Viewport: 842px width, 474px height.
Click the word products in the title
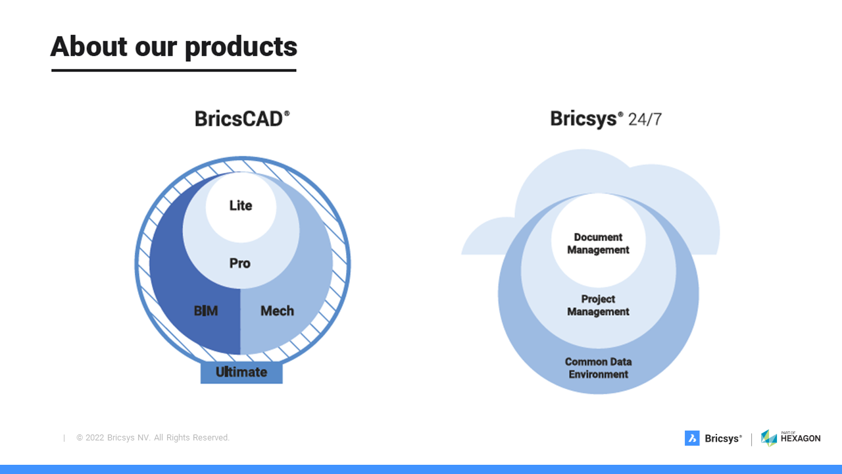241,49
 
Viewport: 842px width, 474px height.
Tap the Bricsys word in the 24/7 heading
583,119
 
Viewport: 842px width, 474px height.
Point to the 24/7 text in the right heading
645,120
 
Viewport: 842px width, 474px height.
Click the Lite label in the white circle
241,205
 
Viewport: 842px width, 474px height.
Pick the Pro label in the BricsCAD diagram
240,263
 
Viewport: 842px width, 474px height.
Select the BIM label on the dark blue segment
206,311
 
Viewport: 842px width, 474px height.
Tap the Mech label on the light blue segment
277,311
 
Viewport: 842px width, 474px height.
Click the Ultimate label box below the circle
241,373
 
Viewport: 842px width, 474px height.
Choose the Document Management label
598,244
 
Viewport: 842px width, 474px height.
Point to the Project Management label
598,305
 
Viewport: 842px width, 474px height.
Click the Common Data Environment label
598,368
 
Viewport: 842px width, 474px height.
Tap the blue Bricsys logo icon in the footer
692,438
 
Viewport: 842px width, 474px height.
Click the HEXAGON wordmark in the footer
801,438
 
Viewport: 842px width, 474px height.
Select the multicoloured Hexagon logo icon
769,438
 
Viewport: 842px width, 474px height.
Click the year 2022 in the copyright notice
95,438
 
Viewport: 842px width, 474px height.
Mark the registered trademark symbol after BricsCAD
287,113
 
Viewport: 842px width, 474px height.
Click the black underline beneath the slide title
174,70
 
